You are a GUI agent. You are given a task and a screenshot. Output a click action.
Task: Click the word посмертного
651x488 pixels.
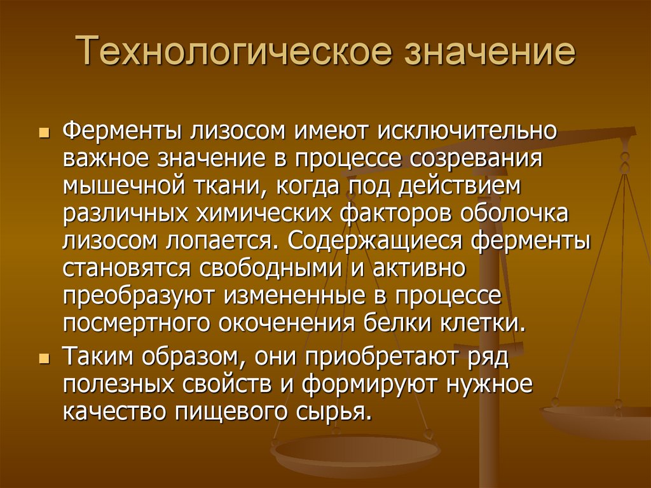click(137, 323)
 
